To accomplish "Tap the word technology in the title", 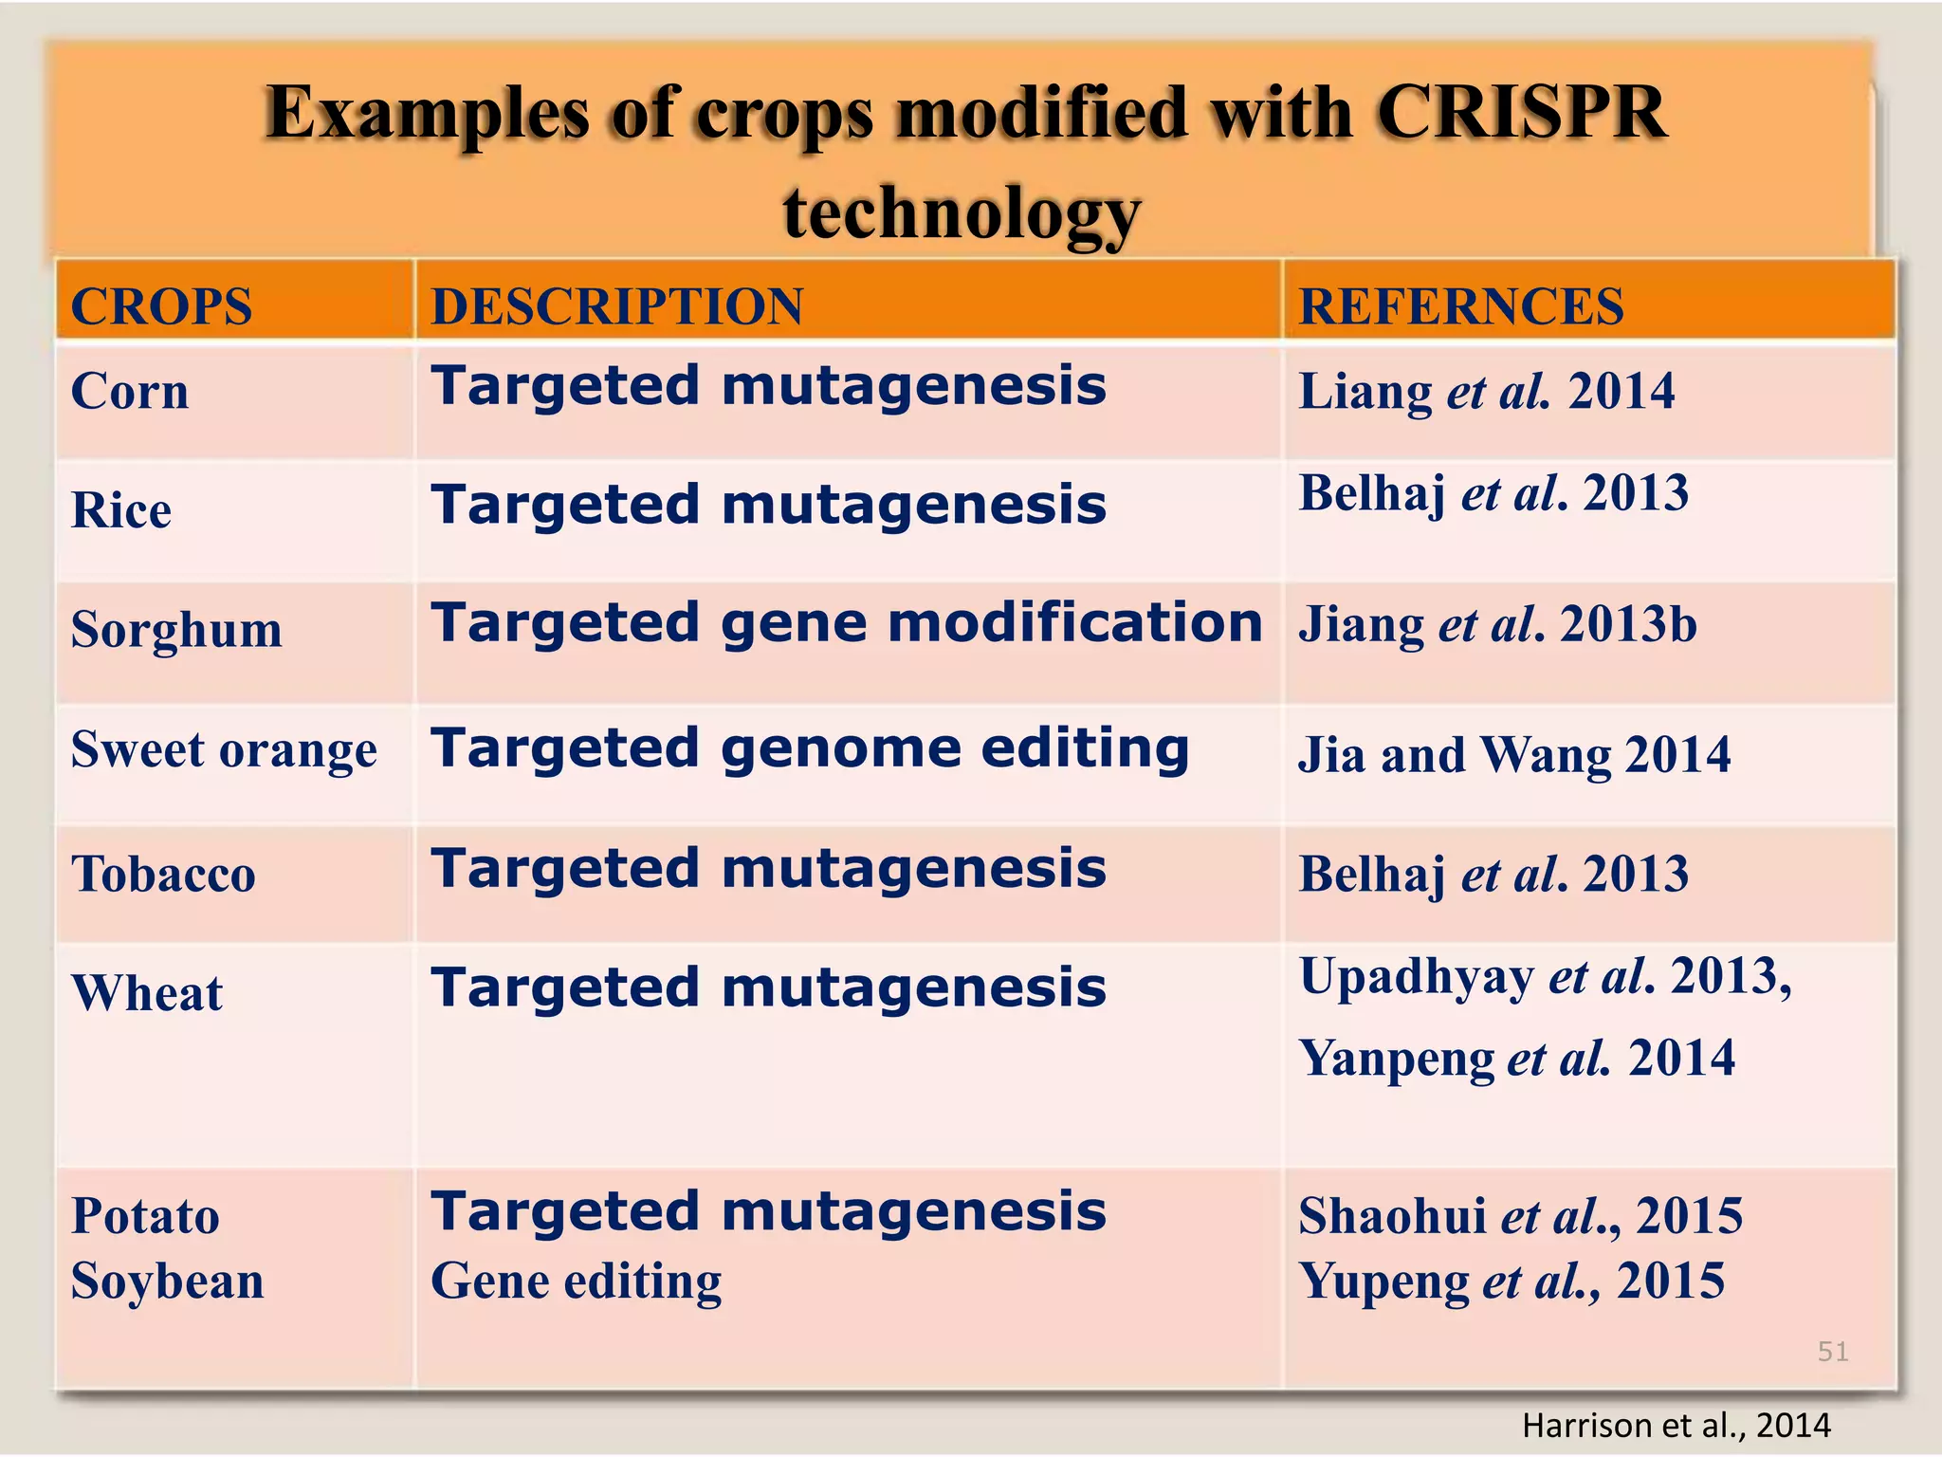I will (962, 213).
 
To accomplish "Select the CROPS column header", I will (161, 306).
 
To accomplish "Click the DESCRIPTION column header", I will (616, 306).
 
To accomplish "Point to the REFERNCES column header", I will (1460, 306).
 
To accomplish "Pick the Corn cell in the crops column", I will (130, 392).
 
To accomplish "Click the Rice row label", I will (121, 510).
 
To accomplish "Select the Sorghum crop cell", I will (176, 630).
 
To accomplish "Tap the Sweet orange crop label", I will (224, 749).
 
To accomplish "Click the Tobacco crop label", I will (163, 873).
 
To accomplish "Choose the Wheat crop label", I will (147, 993).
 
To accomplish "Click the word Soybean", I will (167, 1281).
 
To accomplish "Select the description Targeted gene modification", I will (846, 624).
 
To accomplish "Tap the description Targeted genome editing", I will (810, 749).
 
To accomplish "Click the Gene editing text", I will (576, 1281).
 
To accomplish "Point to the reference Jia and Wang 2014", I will (1513, 755).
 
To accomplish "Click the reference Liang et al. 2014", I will (1486, 392).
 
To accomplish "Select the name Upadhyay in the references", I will (1416, 977).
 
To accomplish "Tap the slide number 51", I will (1832, 1351).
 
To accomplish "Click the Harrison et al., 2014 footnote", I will (1676, 1425).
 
